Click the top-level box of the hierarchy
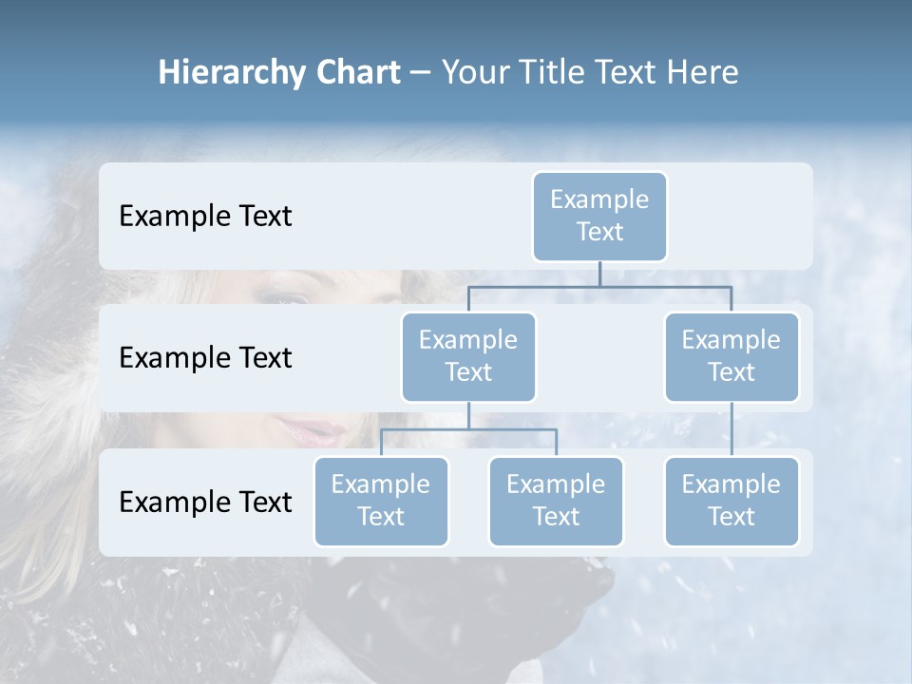(599, 216)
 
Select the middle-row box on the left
(468, 356)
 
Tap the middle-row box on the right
(731, 356)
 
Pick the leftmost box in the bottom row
(381, 501)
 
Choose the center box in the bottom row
(556, 501)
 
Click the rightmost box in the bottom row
(731, 501)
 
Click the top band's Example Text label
(205, 216)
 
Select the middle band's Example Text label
(205, 357)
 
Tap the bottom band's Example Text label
(205, 502)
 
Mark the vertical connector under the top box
(599, 274)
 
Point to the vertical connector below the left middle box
(468, 415)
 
